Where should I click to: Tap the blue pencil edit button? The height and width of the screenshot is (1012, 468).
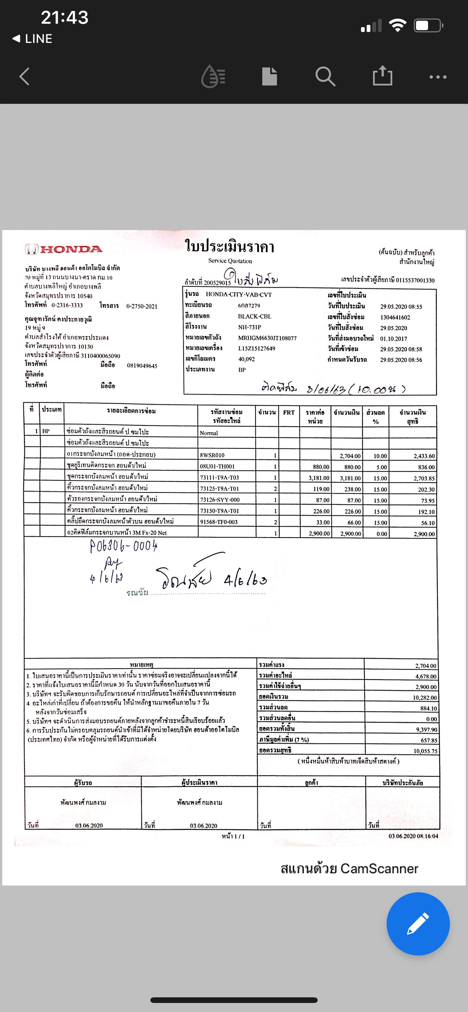pos(418,924)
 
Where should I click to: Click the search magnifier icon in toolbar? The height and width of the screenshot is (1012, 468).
pos(325,76)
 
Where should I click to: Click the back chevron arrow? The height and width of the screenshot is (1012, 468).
pos(24,76)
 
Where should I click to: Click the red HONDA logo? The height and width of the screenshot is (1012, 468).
pos(64,249)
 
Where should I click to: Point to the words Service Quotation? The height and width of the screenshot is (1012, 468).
pos(230,261)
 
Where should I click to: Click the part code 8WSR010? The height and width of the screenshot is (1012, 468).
pos(212,455)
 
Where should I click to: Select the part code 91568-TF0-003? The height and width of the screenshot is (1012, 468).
pos(219,522)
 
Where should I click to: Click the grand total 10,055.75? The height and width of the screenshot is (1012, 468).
pos(425,751)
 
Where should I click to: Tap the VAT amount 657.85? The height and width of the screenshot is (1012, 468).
pos(429,740)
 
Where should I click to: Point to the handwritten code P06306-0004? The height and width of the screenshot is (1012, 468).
pos(124,546)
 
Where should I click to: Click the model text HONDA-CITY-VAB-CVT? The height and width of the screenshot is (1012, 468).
pos(239,295)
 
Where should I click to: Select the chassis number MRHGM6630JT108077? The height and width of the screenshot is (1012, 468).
pos(267,338)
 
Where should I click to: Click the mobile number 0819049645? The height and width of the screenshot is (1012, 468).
pos(142,366)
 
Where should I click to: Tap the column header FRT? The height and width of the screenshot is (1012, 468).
pos(289,413)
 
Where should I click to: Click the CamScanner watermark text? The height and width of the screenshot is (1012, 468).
pos(349,869)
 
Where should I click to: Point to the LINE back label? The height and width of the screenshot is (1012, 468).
pos(33,38)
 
